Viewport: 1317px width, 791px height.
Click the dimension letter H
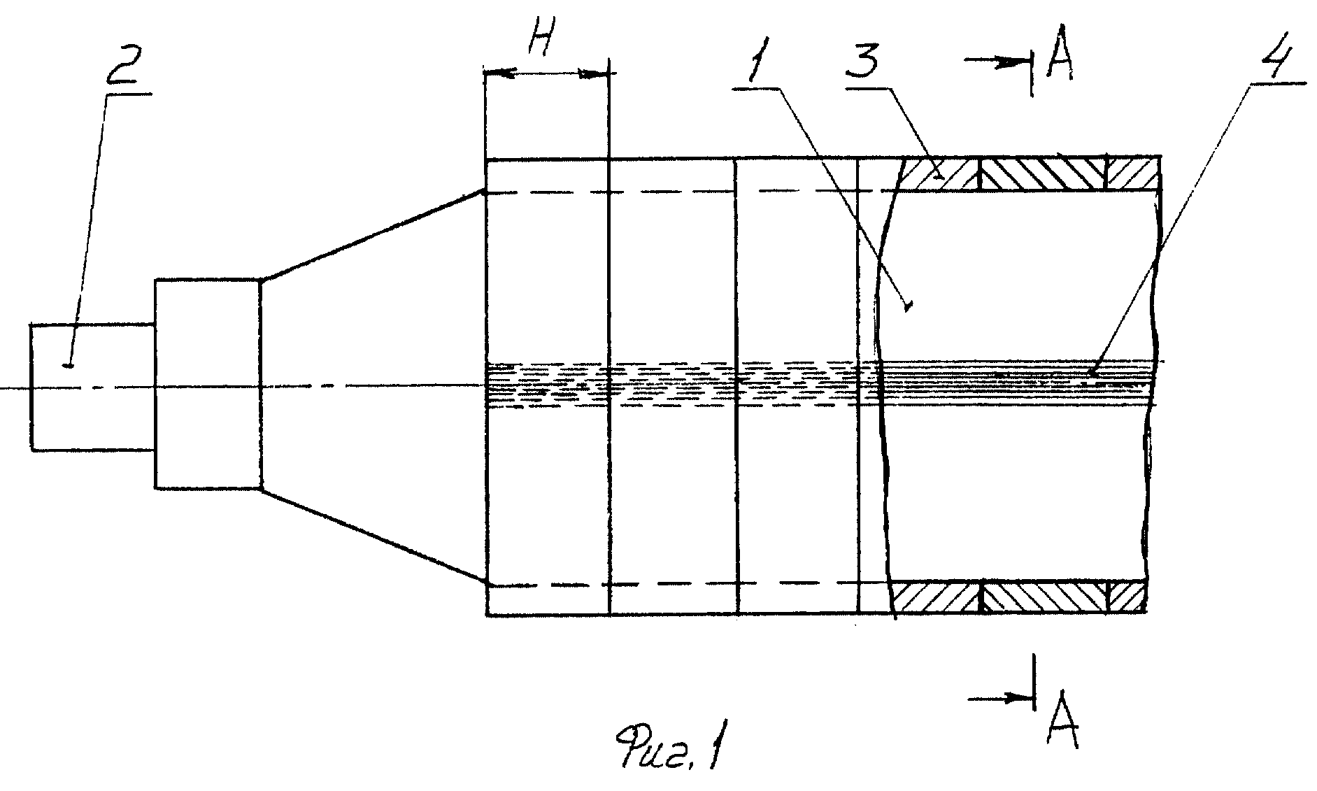540,43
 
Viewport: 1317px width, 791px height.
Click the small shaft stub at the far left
92,386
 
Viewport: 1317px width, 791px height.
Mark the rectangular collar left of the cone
208,383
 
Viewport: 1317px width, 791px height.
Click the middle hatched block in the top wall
1043,173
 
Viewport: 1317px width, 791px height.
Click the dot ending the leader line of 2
68,364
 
